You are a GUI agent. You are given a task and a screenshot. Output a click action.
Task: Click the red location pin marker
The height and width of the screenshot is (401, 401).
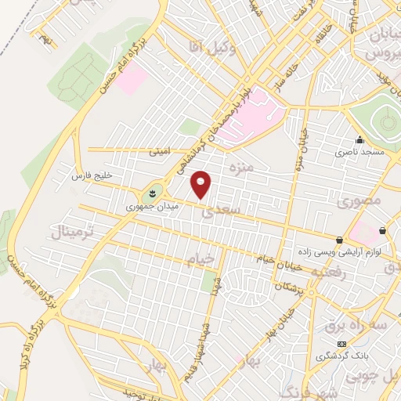[201, 185]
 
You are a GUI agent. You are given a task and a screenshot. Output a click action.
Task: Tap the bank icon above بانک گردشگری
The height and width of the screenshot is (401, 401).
[341, 345]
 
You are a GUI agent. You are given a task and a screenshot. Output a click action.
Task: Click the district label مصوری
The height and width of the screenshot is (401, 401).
[360, 201]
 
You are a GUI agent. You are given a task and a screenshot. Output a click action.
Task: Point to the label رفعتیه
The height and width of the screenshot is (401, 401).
[329, 271]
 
